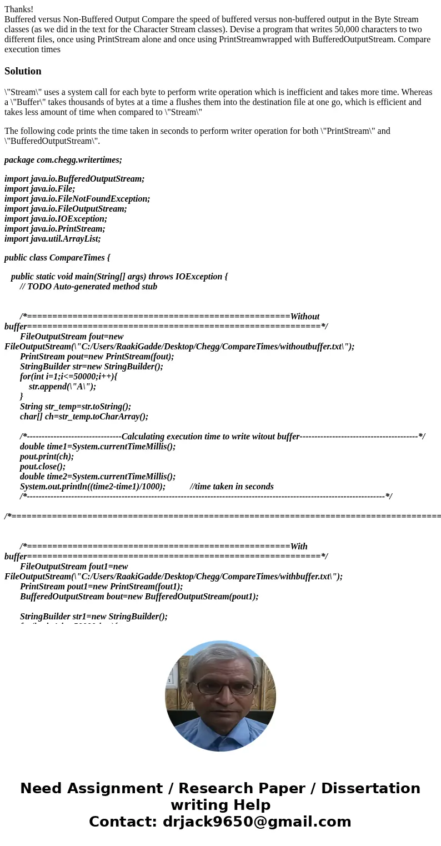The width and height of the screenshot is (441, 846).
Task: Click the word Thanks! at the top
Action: [19, 9]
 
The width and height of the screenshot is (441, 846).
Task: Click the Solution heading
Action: [23, 71]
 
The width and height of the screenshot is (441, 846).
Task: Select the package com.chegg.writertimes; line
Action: [63, 160]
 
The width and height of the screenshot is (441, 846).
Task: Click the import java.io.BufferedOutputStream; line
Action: [74, 179]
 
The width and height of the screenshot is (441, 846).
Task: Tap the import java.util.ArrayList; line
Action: [53, 239]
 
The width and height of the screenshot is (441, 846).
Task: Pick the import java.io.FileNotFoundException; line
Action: [77, 199]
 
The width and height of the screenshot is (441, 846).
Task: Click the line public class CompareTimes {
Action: [57, 258]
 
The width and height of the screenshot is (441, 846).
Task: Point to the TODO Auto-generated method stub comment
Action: [89, 287]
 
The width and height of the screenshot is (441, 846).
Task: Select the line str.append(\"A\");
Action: [62, 387]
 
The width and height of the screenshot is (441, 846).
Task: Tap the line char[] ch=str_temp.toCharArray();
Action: [84, 417]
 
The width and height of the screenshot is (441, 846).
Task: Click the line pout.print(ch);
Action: [47, 457]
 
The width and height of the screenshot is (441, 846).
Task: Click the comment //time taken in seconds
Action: [232, 487]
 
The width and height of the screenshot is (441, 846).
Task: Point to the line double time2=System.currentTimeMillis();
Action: [98, 477]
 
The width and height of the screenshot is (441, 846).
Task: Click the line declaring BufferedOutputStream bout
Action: [139, 597]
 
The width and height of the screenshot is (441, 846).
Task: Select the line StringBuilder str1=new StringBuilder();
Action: [94, 617]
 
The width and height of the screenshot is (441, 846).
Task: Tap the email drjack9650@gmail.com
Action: [257, 822]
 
